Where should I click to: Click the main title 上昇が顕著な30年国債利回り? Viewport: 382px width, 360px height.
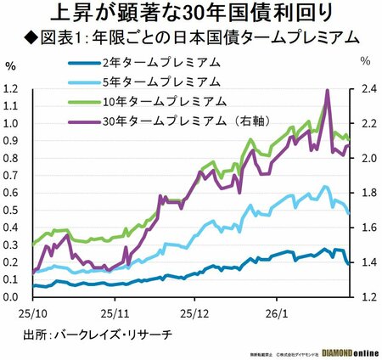click(x=191, y=14)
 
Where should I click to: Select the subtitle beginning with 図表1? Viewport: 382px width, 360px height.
click(x=191, y=37)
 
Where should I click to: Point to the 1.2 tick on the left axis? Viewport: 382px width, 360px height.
click(x=12, y=88)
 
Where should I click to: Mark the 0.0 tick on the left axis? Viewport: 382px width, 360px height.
click(x=12, y=297)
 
